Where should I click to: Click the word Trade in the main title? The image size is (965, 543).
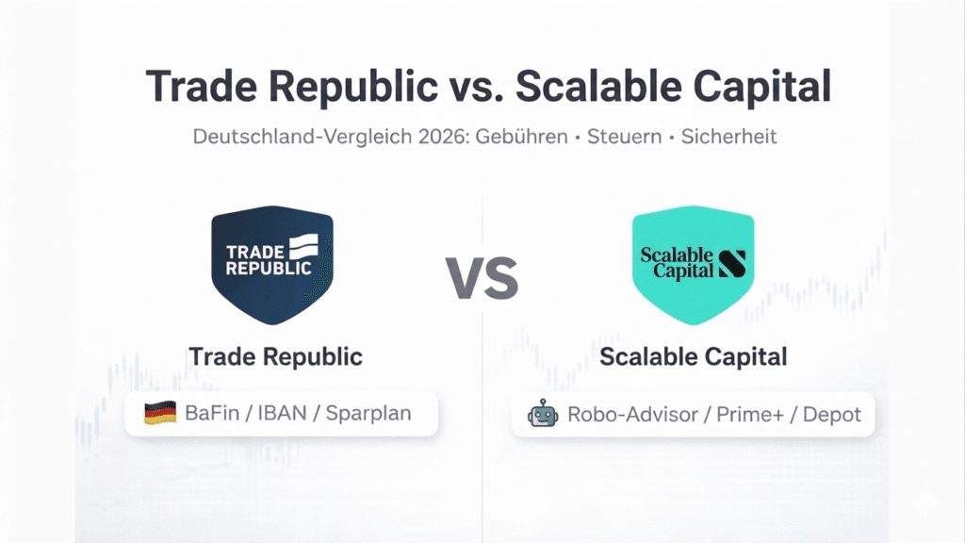click(x=200, y=87)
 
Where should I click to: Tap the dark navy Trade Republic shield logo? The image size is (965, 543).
click(x=272, y=263)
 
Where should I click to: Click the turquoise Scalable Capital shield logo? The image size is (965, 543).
click(x=693, y=263)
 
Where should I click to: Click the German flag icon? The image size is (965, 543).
click(x=159, y=414)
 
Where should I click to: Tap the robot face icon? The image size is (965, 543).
click(x=543, y=414)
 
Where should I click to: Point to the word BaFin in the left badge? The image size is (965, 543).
click(x=209, y=414)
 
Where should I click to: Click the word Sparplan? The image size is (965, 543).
click(x=368, y=414)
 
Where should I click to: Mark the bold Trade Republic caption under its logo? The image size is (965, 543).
click(x=275, y=357)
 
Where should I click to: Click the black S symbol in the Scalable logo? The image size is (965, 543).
click(x=731, y=262)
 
